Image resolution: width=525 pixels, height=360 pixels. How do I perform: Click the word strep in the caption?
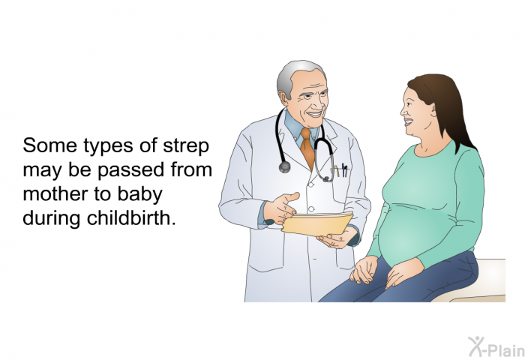(186, 146)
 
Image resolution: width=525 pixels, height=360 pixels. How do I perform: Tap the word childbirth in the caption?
(131, 218)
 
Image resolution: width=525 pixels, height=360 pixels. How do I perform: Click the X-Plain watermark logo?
(496, 346)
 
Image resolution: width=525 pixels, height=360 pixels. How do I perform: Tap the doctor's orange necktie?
(307, 147)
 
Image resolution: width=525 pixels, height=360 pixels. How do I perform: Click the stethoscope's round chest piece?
(284, 166)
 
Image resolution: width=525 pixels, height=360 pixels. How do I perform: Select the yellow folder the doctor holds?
(316, 223)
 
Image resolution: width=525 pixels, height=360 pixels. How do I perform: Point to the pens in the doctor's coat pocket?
(341, 170)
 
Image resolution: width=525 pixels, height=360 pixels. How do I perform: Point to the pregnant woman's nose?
(403, 111)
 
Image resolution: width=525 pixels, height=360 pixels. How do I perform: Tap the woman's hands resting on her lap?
(382, 271)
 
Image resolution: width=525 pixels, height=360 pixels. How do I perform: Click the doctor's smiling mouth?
(314, 115)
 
